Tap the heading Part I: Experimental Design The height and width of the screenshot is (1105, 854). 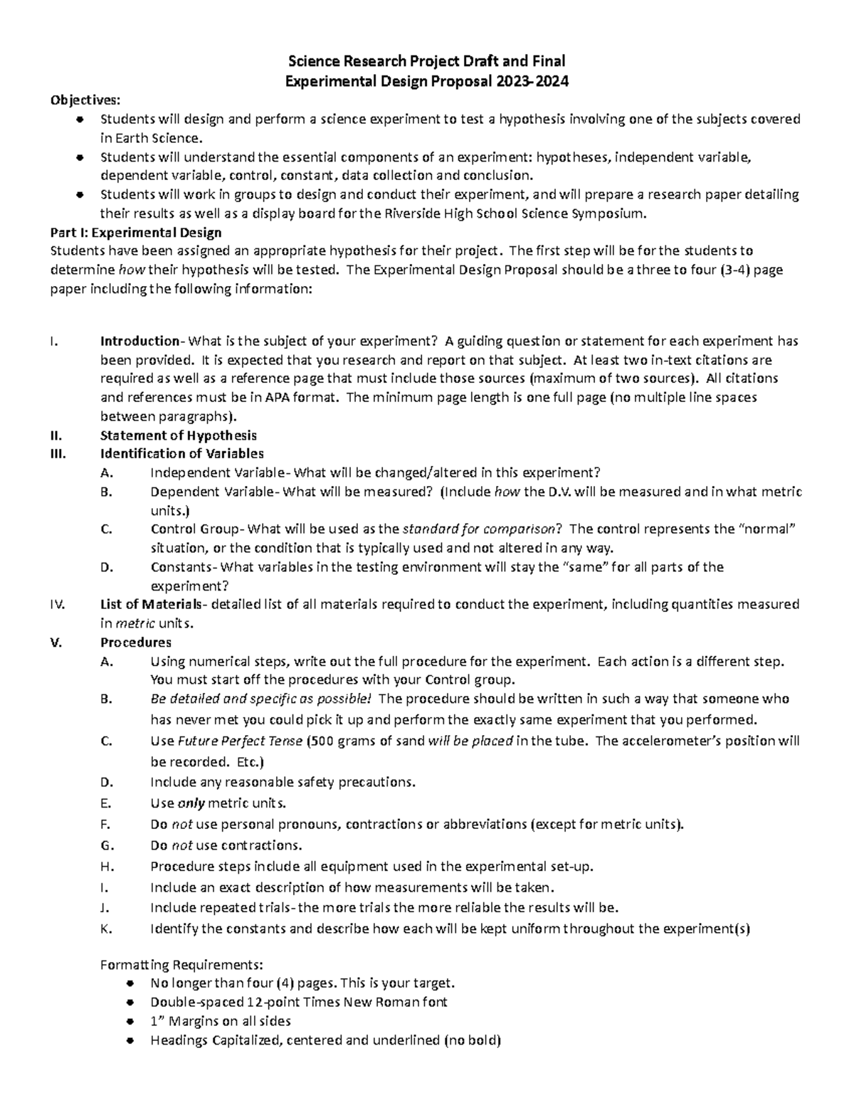(136, 233)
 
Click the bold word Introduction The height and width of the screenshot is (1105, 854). (139, 341)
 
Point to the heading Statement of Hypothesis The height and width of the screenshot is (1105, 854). (179, 435)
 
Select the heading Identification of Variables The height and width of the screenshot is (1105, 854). (182, 454)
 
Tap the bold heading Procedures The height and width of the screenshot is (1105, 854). (135, 643)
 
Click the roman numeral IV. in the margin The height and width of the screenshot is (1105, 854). (58, 605)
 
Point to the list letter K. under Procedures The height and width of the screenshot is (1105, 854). (107, 929)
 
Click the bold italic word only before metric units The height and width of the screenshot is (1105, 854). (191, 803)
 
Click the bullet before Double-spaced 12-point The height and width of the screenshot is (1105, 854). (129, 1003)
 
